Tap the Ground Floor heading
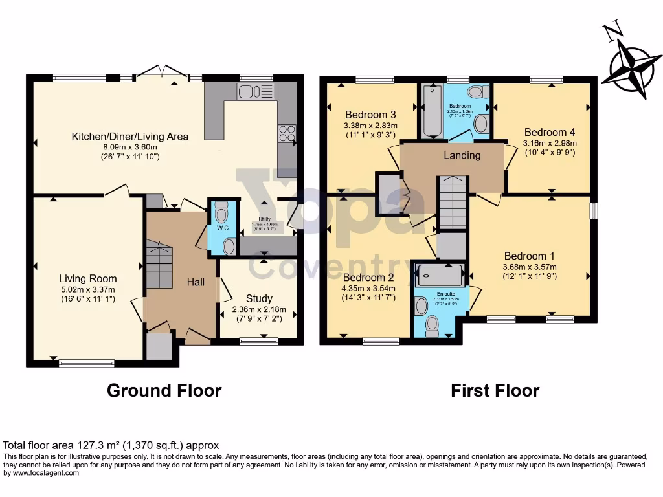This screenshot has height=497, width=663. (x=164, y=391)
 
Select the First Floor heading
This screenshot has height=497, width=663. (x=495, y=391)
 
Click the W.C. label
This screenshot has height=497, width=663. (x=223, y=228)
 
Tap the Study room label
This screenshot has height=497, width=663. (x=258, y=299)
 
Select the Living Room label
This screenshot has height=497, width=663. (x=87, y=279)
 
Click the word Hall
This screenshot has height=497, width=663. (x=196, y=282)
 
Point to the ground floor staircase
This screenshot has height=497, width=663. (x=159, y=265)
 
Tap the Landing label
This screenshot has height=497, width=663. (x=462, y=155)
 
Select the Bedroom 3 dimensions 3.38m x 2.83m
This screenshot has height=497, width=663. (x=370, y=126)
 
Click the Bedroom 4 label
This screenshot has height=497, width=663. (x=550, y=131)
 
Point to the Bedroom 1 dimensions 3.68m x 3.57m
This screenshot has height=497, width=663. (x=530, y=267)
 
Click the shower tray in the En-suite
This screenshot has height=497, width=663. (x=440, y=276)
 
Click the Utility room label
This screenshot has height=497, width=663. (x=264, y=220)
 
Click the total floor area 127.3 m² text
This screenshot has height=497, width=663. (x=111, y=445)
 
